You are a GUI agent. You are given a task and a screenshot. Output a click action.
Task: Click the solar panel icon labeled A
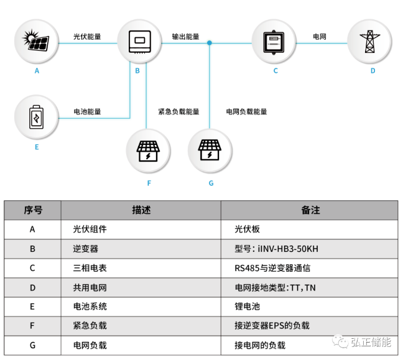(35, 40)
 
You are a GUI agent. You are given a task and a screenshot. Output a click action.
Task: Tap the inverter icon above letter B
(139, 42)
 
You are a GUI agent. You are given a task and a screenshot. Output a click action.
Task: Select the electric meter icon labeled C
(274, 42)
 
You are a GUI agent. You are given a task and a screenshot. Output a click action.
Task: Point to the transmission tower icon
(369, 42)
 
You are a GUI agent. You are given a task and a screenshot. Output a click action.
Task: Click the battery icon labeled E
(37, 117)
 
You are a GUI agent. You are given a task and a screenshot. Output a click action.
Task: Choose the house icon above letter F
(148, 151)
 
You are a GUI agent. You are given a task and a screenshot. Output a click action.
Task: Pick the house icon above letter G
(210, 150)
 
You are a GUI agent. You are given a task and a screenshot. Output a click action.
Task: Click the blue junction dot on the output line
(210, 43)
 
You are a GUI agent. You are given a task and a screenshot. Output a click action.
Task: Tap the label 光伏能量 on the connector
(87, 37)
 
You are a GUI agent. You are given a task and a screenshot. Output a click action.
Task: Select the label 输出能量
(185, 37)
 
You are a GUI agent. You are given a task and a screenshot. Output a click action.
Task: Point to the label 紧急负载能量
(178, 111)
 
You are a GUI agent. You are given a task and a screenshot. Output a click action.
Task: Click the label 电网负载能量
(246, 111)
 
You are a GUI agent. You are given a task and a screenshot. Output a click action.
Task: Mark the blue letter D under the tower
(373, 71)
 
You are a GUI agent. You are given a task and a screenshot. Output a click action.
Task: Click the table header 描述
(141, 210)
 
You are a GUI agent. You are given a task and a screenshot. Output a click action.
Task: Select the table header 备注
(310, 210)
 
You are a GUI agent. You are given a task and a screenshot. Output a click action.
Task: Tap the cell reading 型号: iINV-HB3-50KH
(276, 249)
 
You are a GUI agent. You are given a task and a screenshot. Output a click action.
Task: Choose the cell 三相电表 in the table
(90, 268)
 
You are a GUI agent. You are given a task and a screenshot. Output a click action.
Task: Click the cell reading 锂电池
(247, 307)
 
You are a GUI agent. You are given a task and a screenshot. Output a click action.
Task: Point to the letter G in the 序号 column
(32, 345)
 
